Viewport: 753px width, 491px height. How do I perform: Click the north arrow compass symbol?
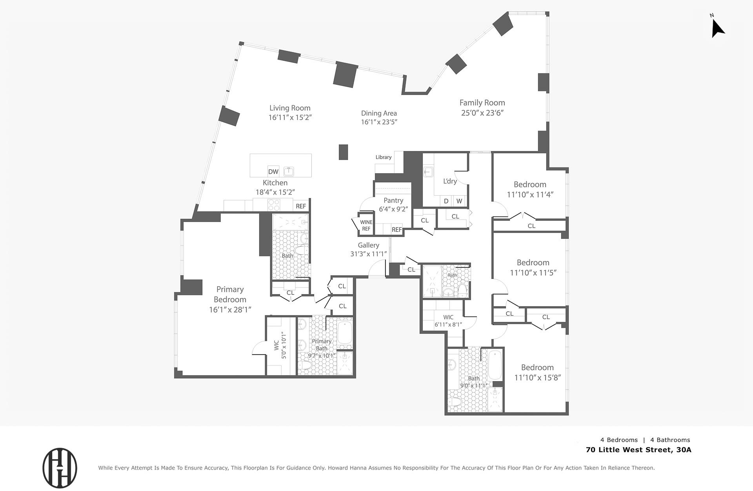pyautogui.click(x=718, y=28)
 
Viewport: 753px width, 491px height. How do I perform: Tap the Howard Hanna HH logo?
pyautogui.click(x=60, y=468)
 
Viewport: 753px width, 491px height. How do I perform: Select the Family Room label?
pyautogui.click(x=482, y=103)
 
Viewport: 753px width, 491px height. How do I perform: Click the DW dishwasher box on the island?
pyautogui.click(x=273, y=171)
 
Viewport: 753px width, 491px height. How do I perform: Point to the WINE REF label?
pyautogui.click(x=366, y=225)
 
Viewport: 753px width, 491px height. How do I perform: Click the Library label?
pyautogui.click(x=384, y=157)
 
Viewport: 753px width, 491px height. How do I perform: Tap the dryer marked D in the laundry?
pyautogui.click(x=446, y=201)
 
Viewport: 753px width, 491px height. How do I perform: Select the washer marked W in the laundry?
pyautogui.click(x=459, y=201)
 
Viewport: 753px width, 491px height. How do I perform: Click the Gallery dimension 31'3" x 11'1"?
pyautogui.click(x=369, y=254)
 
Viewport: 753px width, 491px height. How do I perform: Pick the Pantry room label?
pyautogui.click(x=393, y=200)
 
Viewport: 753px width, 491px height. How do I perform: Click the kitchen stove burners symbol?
pyautogui.click(x=274, y=205)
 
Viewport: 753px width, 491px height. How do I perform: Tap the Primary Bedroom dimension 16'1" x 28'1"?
pyautogui.click(x=230, y=310)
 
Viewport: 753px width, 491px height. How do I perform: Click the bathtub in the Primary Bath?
pyautogui.click(x=345, y=334)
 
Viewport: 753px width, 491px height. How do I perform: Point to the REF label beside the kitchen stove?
pyautogui.click(x=301, y=206)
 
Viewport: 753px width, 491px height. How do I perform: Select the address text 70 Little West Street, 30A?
pyautogui.click(x=638, y=450)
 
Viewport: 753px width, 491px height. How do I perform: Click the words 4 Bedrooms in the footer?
pyautogui.click(x=619, y=440)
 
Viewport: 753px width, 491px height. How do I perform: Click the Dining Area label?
pyautogui.click(x=379, y=113)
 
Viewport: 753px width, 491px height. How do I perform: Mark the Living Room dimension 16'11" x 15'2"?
pyautogui.click(x=290, y=118)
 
